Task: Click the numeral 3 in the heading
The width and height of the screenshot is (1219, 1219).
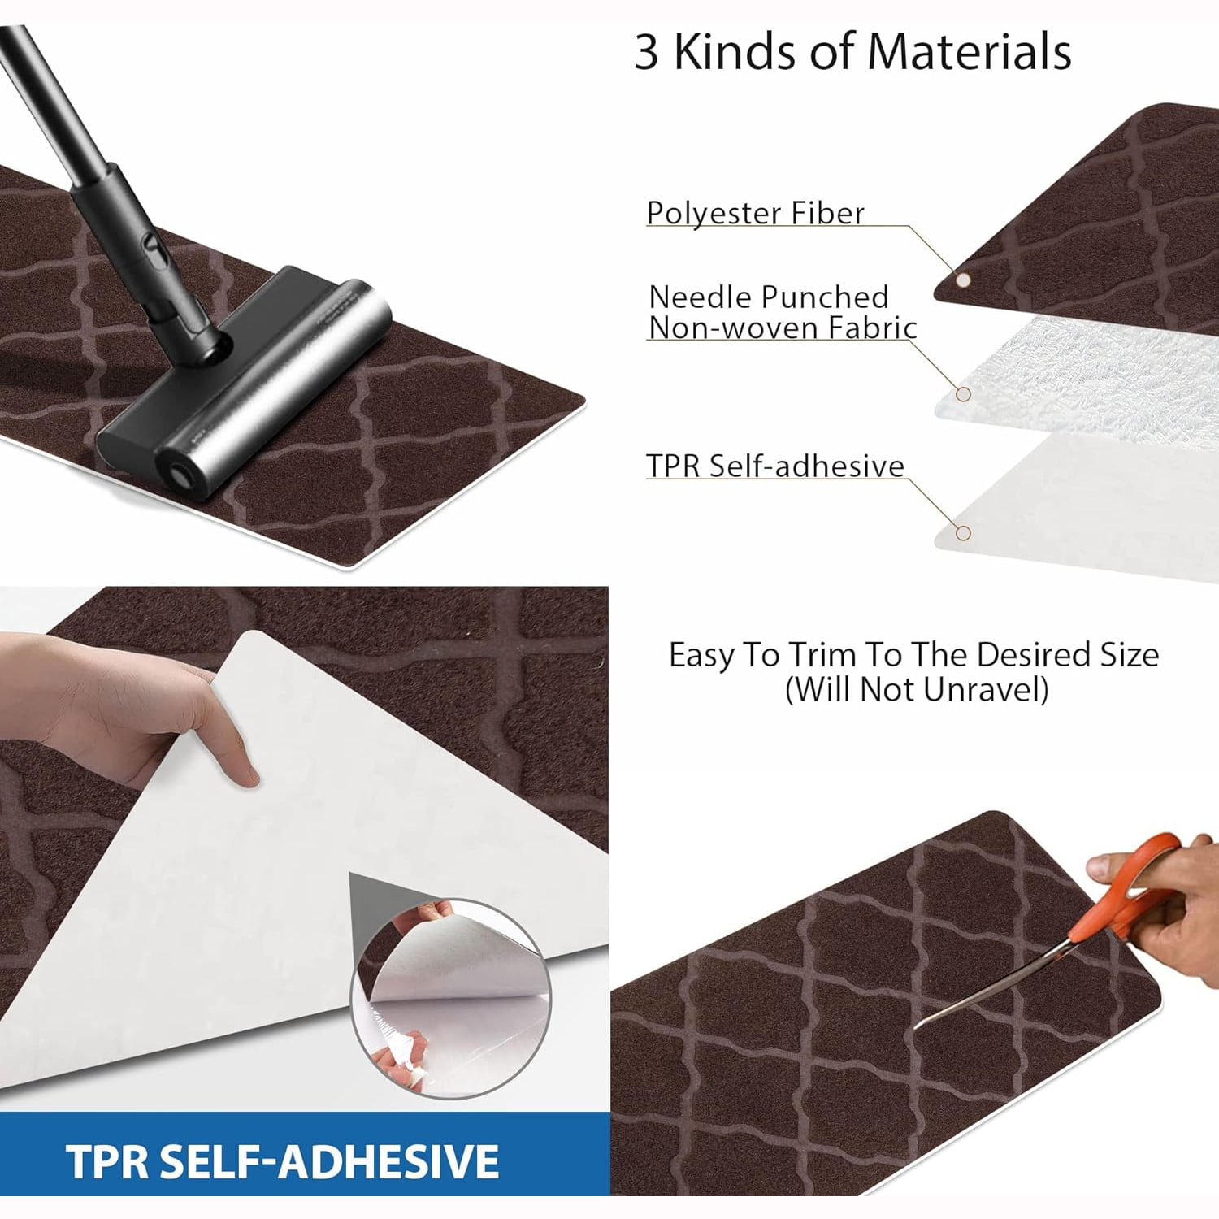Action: pyautogui.click(x=646, y=52)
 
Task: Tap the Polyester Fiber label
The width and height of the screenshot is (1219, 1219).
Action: pyautogui.click(x=755, y=213)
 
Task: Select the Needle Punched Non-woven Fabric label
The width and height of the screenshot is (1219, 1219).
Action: pyautogui.click(x=782, y=312)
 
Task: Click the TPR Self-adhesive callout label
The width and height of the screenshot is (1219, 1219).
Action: pyautogui.click(x=774, y=466)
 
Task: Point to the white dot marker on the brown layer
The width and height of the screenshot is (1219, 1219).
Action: pyautogui.click(x=963, y=280)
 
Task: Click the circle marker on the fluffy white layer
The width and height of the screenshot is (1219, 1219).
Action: pyautogui.click(x=963, y=394)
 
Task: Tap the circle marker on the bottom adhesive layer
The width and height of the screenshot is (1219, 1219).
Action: pyautogui.click(x=963, y=533)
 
